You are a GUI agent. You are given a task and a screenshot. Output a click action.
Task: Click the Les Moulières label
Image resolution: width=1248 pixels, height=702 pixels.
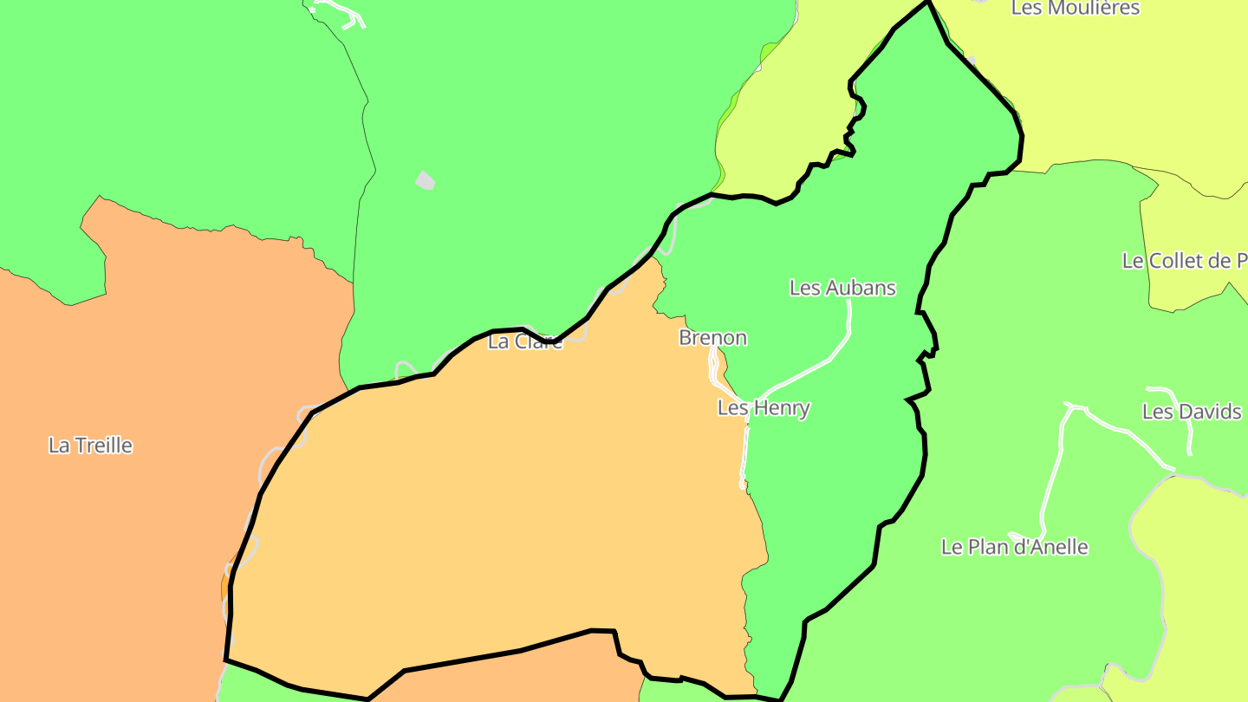coord(1075,9)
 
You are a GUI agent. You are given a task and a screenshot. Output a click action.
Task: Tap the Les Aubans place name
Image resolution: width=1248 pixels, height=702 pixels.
coord(842,288)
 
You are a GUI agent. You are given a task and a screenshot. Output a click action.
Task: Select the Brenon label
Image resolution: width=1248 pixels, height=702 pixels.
coord(712,338)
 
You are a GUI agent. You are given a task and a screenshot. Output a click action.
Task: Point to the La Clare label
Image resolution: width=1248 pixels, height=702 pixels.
coord(525,341)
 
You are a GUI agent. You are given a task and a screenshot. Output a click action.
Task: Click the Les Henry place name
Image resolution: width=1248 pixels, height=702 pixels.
coord(764,407)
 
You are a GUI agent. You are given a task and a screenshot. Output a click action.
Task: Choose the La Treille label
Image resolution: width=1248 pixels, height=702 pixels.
coord(90,445)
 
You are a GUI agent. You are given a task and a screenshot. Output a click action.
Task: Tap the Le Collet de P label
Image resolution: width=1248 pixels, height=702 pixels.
coord(1184,261)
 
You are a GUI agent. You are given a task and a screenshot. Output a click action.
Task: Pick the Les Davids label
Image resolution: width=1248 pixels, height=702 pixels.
coord(1191,412)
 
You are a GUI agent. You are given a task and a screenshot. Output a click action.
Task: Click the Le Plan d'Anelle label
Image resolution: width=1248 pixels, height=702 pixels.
coord(1014,548)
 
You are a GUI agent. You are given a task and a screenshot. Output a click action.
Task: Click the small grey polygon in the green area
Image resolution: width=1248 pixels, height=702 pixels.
coord(425,180)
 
